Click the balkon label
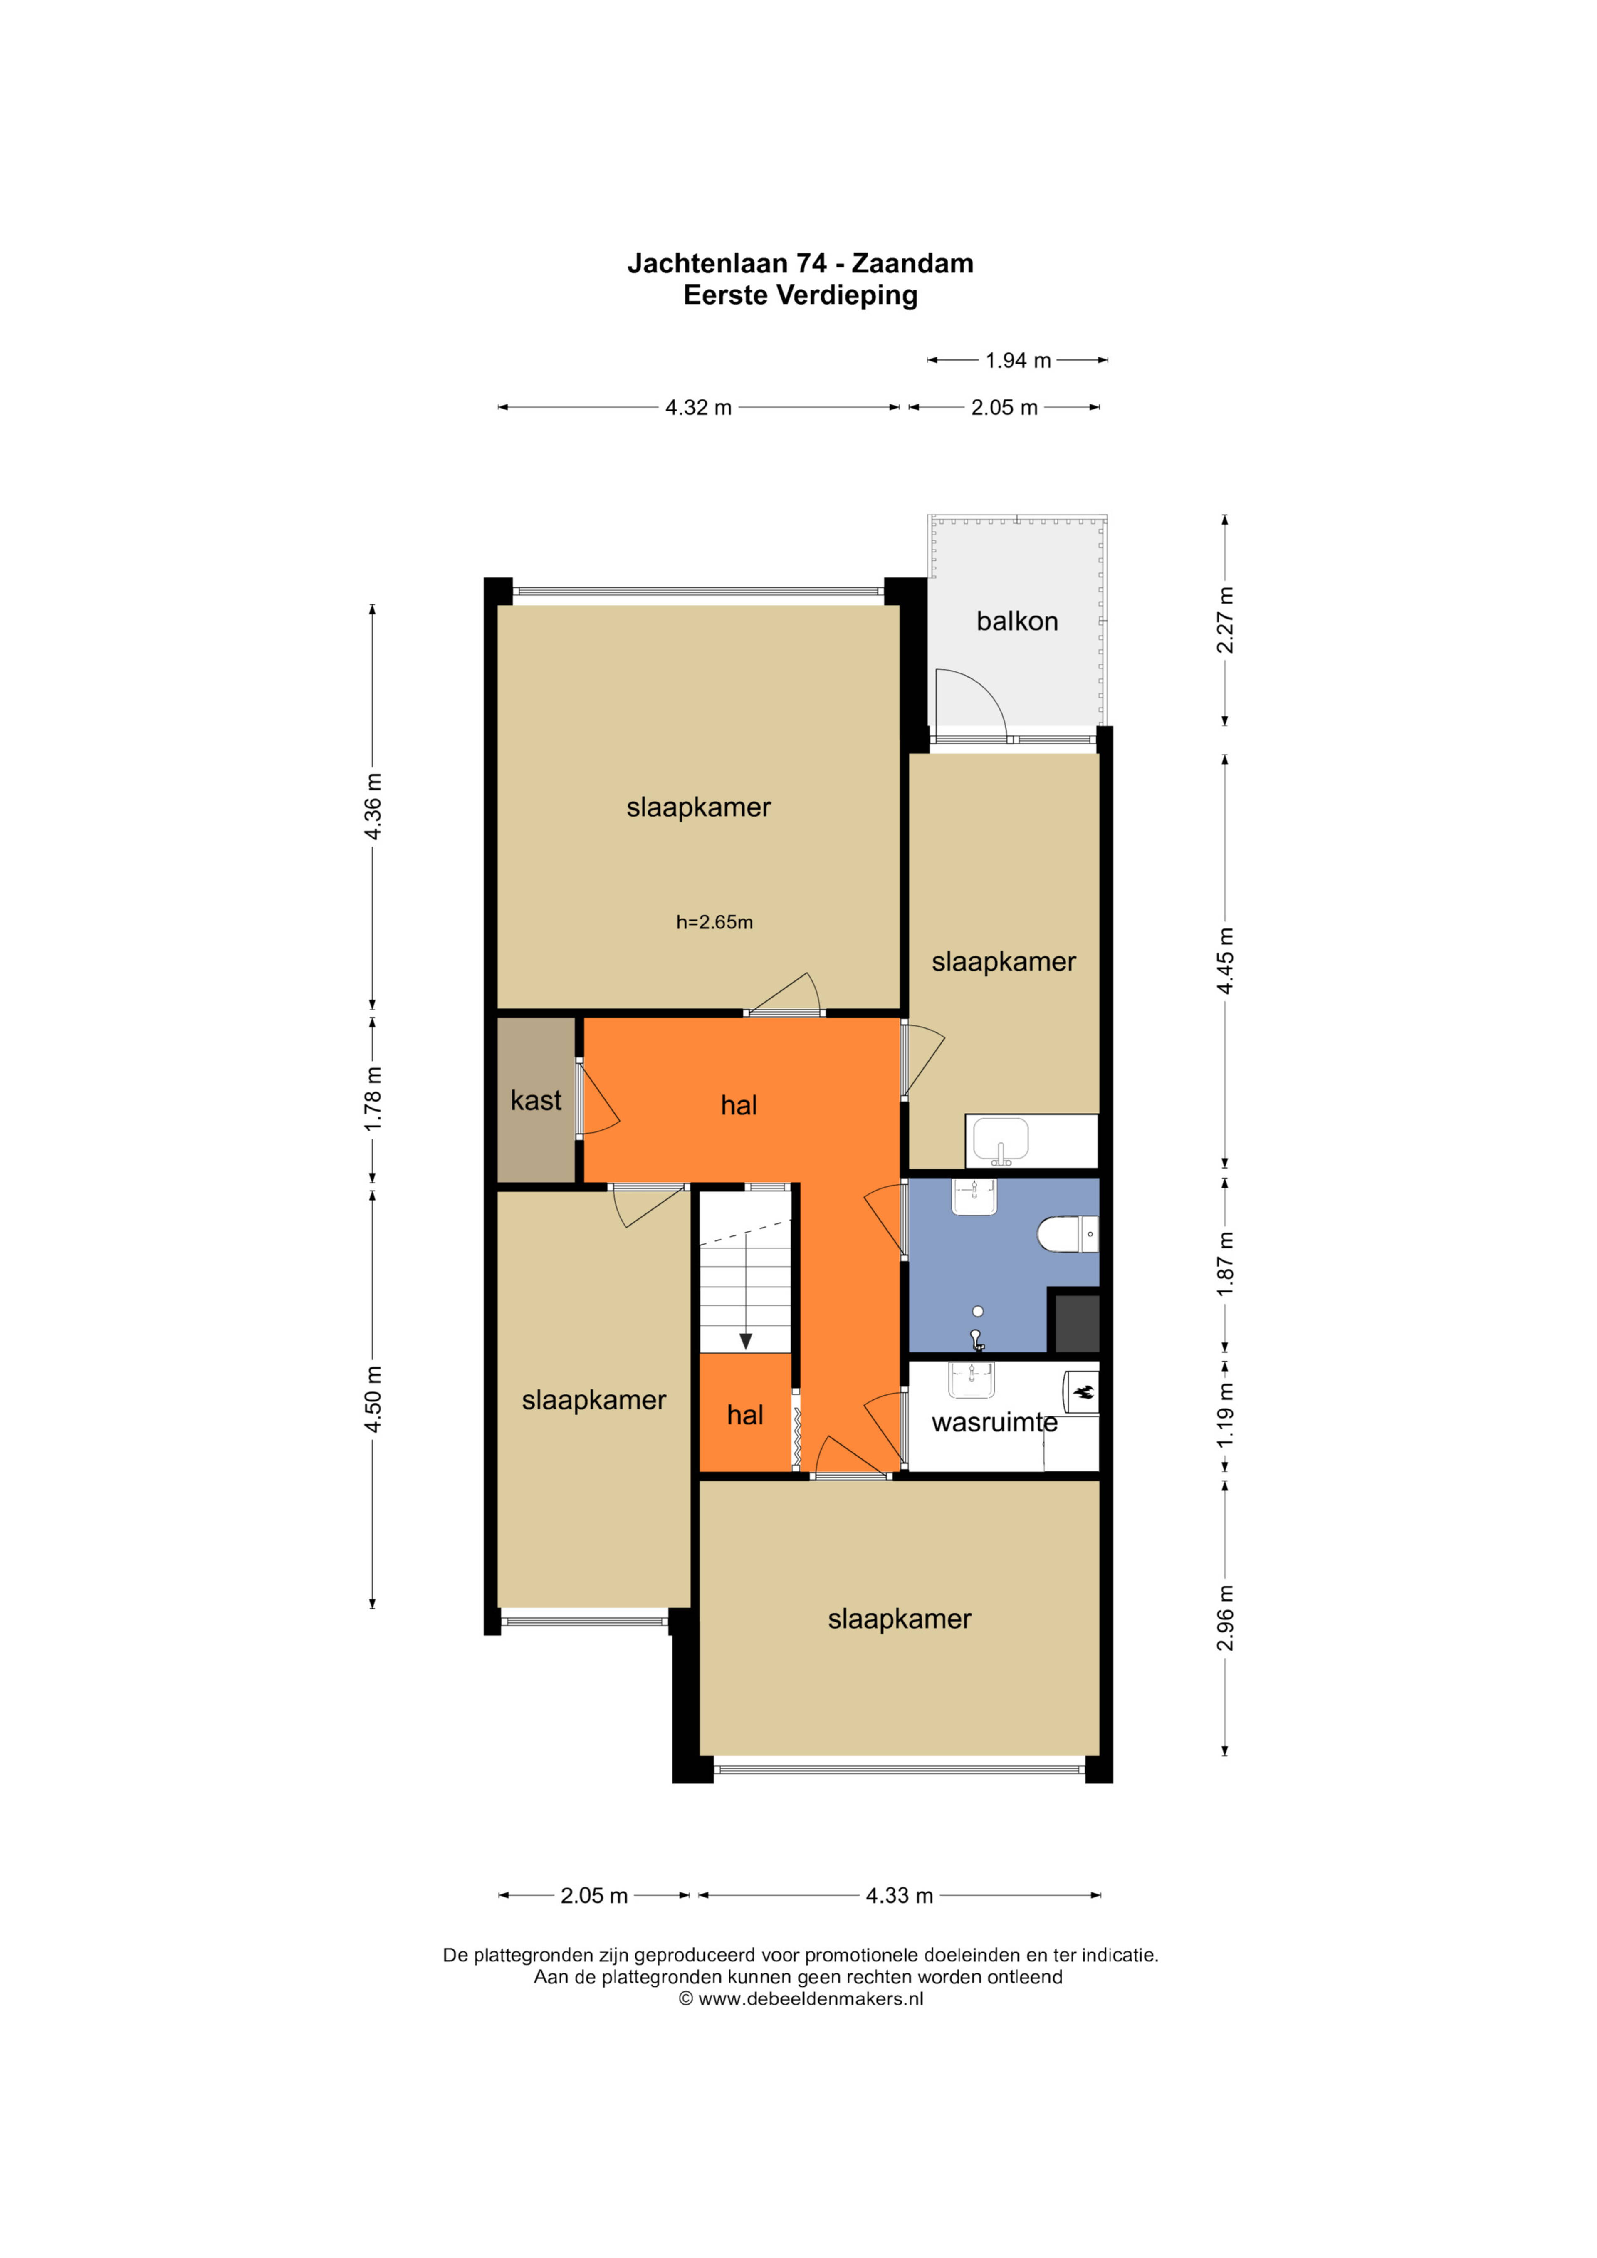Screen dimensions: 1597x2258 click(x=1017, y=621)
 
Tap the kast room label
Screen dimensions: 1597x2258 click(x=536, y=1100)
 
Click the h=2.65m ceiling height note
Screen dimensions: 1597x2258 click(x=714, y=923)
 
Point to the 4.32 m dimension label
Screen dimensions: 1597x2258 click(x=698, y=407)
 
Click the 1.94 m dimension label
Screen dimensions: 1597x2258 click(x=1018, y=361)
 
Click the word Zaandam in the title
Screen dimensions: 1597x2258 click(x=912, y=264)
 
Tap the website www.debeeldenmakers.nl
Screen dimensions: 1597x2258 click(x=810, y=1998)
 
